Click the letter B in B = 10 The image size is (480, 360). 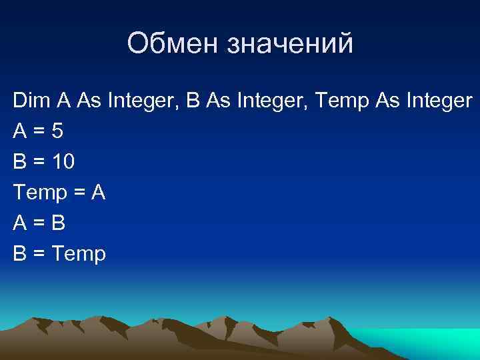(19, 162)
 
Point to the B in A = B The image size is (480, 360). (59, 225)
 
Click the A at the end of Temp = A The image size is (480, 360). (98, 193)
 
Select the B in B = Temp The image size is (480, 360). (19, 254)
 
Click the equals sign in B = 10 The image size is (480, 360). (39, 162)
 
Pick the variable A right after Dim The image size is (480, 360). (63, 101)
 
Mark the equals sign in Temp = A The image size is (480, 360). (79, 193)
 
